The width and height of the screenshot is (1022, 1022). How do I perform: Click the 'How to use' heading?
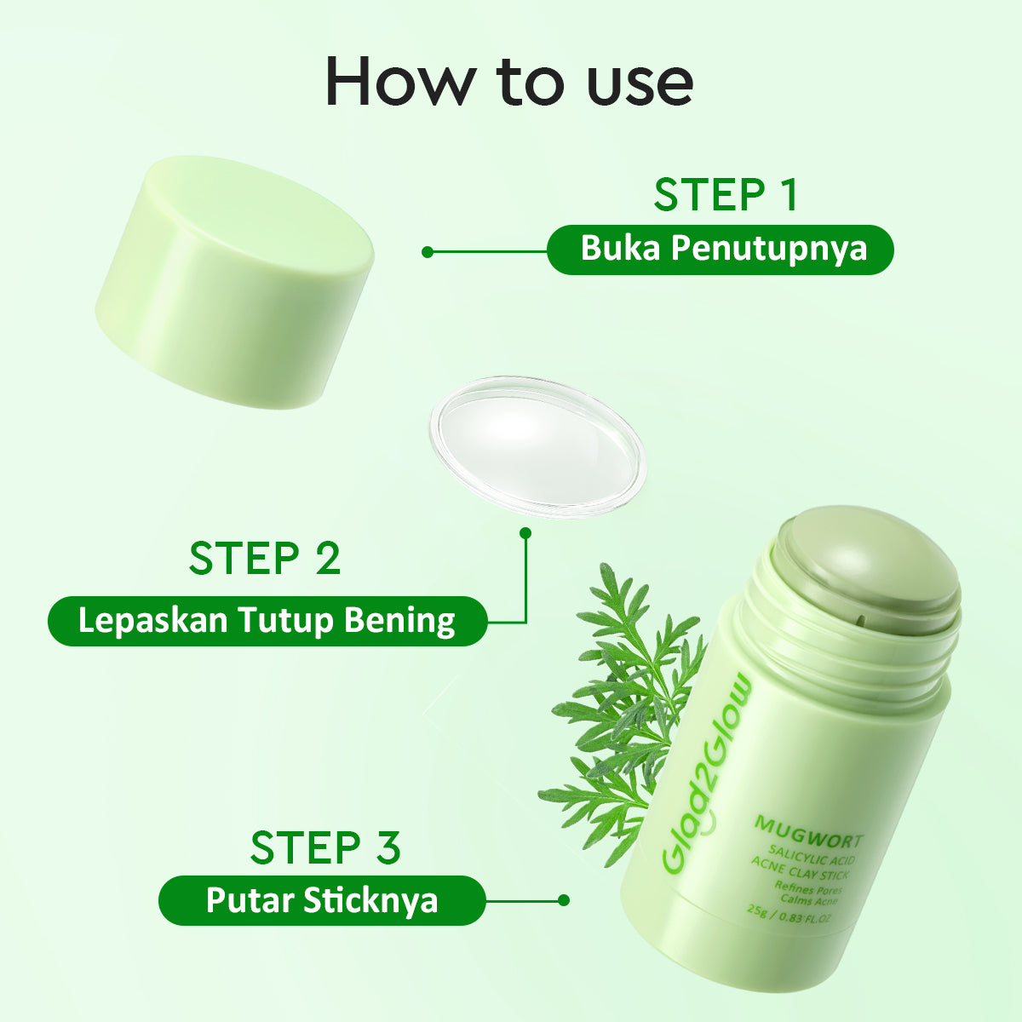(509, 82)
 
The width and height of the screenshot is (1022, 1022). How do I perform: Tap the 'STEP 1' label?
(726, 195)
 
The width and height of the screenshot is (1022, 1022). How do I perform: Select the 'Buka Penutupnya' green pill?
(721, 250)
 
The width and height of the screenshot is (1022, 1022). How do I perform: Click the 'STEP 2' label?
(265, 559)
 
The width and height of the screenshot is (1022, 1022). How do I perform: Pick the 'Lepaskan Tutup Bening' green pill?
(267, 621)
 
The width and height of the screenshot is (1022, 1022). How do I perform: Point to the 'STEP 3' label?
(325, 847)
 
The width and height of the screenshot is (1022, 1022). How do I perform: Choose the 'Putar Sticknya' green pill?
(322, 900)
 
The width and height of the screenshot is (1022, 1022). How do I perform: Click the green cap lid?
(234, 281)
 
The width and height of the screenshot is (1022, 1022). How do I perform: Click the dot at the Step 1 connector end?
(428, 252)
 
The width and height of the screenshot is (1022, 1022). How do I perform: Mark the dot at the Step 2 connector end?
(525, 533)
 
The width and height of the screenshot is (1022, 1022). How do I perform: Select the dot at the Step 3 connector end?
(563, 900)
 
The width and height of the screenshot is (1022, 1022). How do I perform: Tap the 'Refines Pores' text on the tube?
(807, 888)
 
